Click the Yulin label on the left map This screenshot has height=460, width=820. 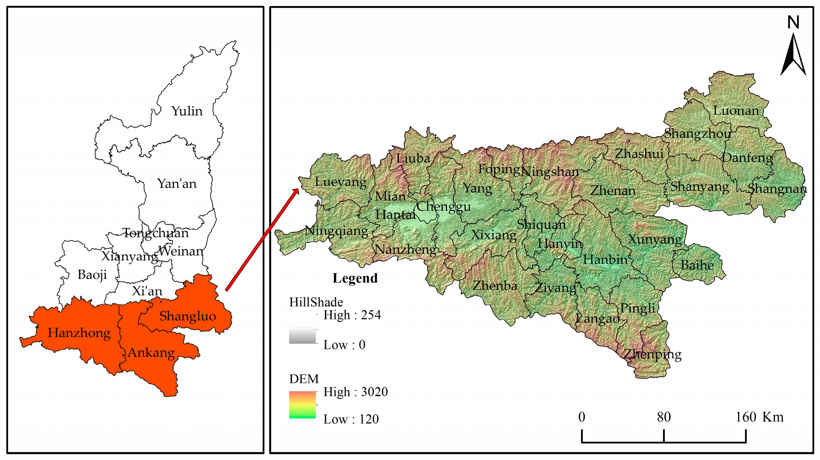point(187,111)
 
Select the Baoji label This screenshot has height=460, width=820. point(92,275)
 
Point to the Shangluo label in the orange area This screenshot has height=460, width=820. point(187,316)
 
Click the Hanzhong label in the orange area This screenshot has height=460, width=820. point(79,333)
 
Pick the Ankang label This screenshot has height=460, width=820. point(151,353)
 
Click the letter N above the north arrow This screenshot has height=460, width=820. point(793,23)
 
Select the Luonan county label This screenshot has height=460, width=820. point(736,111)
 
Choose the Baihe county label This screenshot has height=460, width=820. point(697,265)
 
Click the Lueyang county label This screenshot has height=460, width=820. point(341,182)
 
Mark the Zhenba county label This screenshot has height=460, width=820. point(495,285)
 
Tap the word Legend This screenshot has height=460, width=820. point(355,278)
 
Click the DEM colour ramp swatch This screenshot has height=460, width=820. point(302,405)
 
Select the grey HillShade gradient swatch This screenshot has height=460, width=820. point(302,336)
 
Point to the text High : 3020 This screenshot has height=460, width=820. point(356,392)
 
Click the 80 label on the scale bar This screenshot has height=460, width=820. point(664,417)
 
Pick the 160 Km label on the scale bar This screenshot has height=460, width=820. point(759,417)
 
